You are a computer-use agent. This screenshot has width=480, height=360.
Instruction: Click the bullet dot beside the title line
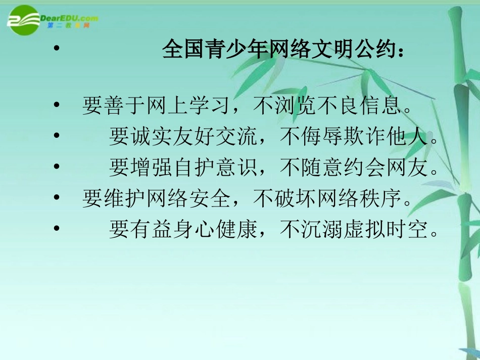[57, 50]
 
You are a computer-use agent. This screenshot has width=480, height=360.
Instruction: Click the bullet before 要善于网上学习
[57, 107]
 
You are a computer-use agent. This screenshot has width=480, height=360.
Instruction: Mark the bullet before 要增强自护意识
[57, 168]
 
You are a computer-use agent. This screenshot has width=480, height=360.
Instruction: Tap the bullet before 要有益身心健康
[57, 230]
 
